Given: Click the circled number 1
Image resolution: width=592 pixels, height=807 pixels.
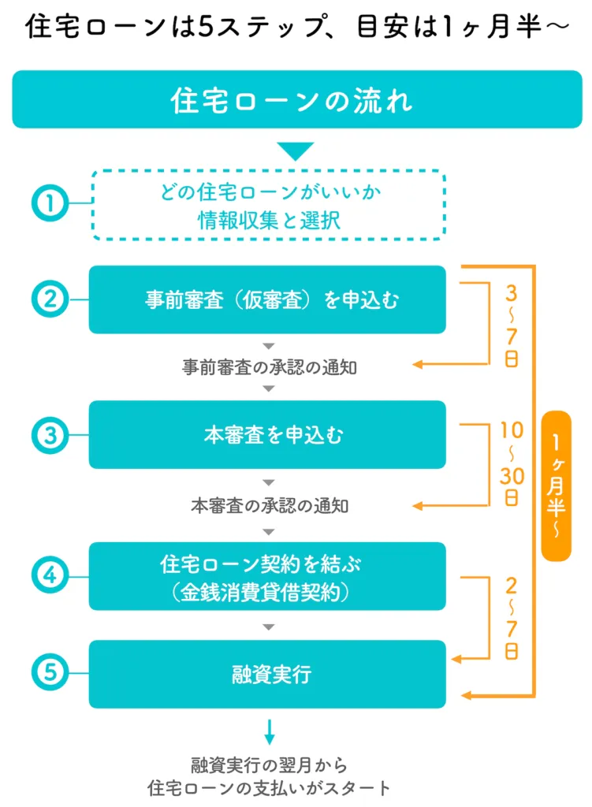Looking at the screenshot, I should point(49,203).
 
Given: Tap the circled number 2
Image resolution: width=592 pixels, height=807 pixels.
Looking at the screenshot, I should point(49,299).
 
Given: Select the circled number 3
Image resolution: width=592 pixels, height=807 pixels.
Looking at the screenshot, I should point(49,434).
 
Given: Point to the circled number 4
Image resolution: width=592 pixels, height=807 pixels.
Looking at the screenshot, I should point(49,575).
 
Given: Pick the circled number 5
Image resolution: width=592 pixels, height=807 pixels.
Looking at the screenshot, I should point(49,674).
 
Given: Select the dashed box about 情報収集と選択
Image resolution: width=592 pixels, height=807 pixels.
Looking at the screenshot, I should point(269,205).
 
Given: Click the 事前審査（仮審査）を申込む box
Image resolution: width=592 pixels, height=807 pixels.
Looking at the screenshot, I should point(267,299).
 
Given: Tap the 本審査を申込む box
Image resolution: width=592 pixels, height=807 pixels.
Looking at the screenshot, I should point(267,434).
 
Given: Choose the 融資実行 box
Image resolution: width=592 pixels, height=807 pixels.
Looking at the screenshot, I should point(267,674).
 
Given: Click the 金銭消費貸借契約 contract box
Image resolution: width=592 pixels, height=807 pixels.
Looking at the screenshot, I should point(267,576).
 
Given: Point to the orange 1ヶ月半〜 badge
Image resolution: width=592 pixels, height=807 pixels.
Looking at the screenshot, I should point(556,485).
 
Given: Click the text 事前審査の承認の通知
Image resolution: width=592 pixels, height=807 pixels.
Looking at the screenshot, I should point(269,367).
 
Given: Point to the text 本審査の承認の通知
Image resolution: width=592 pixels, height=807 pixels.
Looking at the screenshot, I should point(269,505).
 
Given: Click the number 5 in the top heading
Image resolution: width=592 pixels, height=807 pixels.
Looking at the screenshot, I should point(207,28).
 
